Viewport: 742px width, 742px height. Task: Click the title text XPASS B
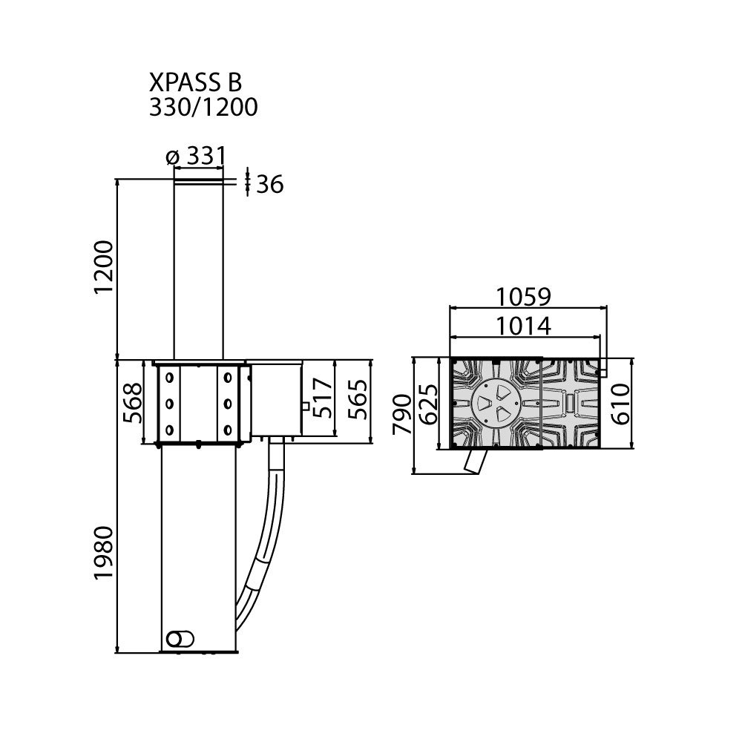(195, 82)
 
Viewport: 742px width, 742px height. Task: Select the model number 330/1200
(203, 107)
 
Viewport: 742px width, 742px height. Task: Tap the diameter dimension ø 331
(197, 156)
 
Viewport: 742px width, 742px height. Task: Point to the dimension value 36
(270, 184)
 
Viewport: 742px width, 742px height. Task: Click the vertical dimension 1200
(104, 267)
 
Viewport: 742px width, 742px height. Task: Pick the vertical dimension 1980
(104, 552)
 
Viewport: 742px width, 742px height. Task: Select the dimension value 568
(133, 403)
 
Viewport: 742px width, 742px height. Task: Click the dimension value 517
(324, 398)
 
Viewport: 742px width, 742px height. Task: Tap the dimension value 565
(358, 399)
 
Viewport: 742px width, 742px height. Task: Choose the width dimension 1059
(523, 298)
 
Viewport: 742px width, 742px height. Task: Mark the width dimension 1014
(523, 326)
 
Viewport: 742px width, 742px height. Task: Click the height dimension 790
(403, 414)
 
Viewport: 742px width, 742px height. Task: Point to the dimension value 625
(430, 404)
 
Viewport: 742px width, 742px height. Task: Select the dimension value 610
(621, 404)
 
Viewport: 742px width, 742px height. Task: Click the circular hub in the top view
(496, 403)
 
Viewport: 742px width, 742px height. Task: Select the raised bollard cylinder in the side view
(198, 269)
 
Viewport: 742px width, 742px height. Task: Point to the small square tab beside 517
(305, 406)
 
